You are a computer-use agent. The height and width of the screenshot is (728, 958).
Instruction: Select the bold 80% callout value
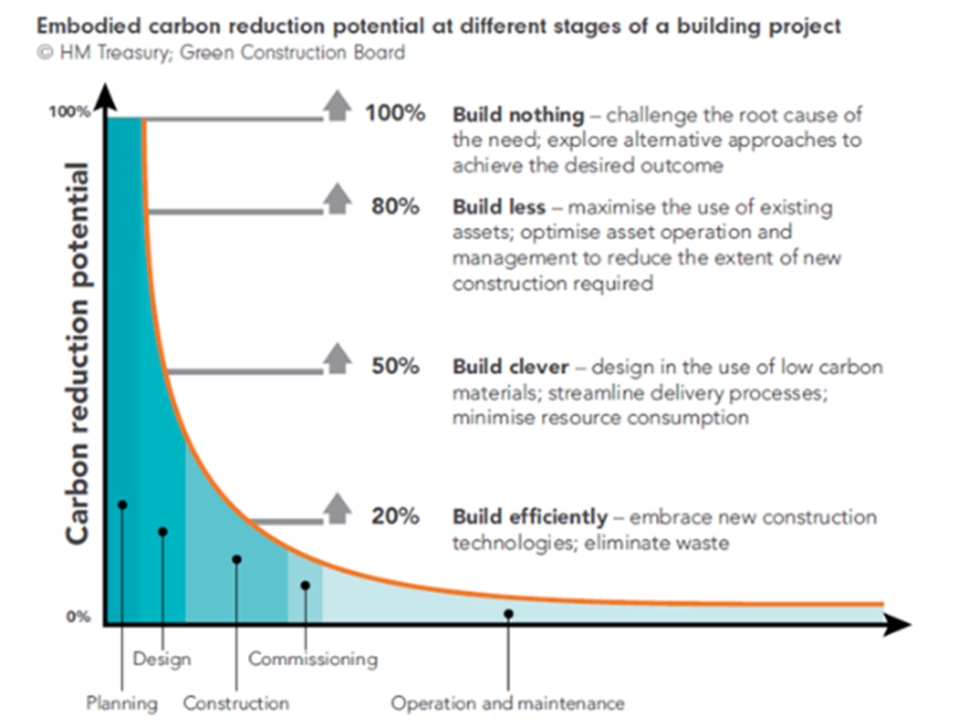point(395,207)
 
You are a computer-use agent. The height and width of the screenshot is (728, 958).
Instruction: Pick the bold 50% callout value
point(395,366)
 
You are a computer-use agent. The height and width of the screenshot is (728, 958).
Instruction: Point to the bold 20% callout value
point(395,517)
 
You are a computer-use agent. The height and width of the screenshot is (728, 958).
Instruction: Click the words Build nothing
point(518,115)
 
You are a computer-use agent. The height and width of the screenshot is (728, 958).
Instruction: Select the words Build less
point(499,207)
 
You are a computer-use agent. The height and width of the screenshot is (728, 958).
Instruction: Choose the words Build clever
point(510,367)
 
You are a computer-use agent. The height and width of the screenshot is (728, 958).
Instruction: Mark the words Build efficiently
point(530,517)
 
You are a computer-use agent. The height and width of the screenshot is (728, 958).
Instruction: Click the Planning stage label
point(122,703)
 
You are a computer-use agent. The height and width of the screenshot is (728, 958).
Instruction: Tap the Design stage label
point(162,659)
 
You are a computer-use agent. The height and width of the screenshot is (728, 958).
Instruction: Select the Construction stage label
point(236,703)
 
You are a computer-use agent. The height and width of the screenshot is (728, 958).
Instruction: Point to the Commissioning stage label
point(312,659)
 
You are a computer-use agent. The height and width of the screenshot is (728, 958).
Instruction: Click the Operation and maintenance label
point(507,703)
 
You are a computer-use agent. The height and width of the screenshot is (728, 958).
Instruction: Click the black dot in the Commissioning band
point(305,586)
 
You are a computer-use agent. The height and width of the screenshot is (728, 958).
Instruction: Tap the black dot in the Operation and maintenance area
point(508,614)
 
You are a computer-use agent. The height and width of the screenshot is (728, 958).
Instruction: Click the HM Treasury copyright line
point(221,53)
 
